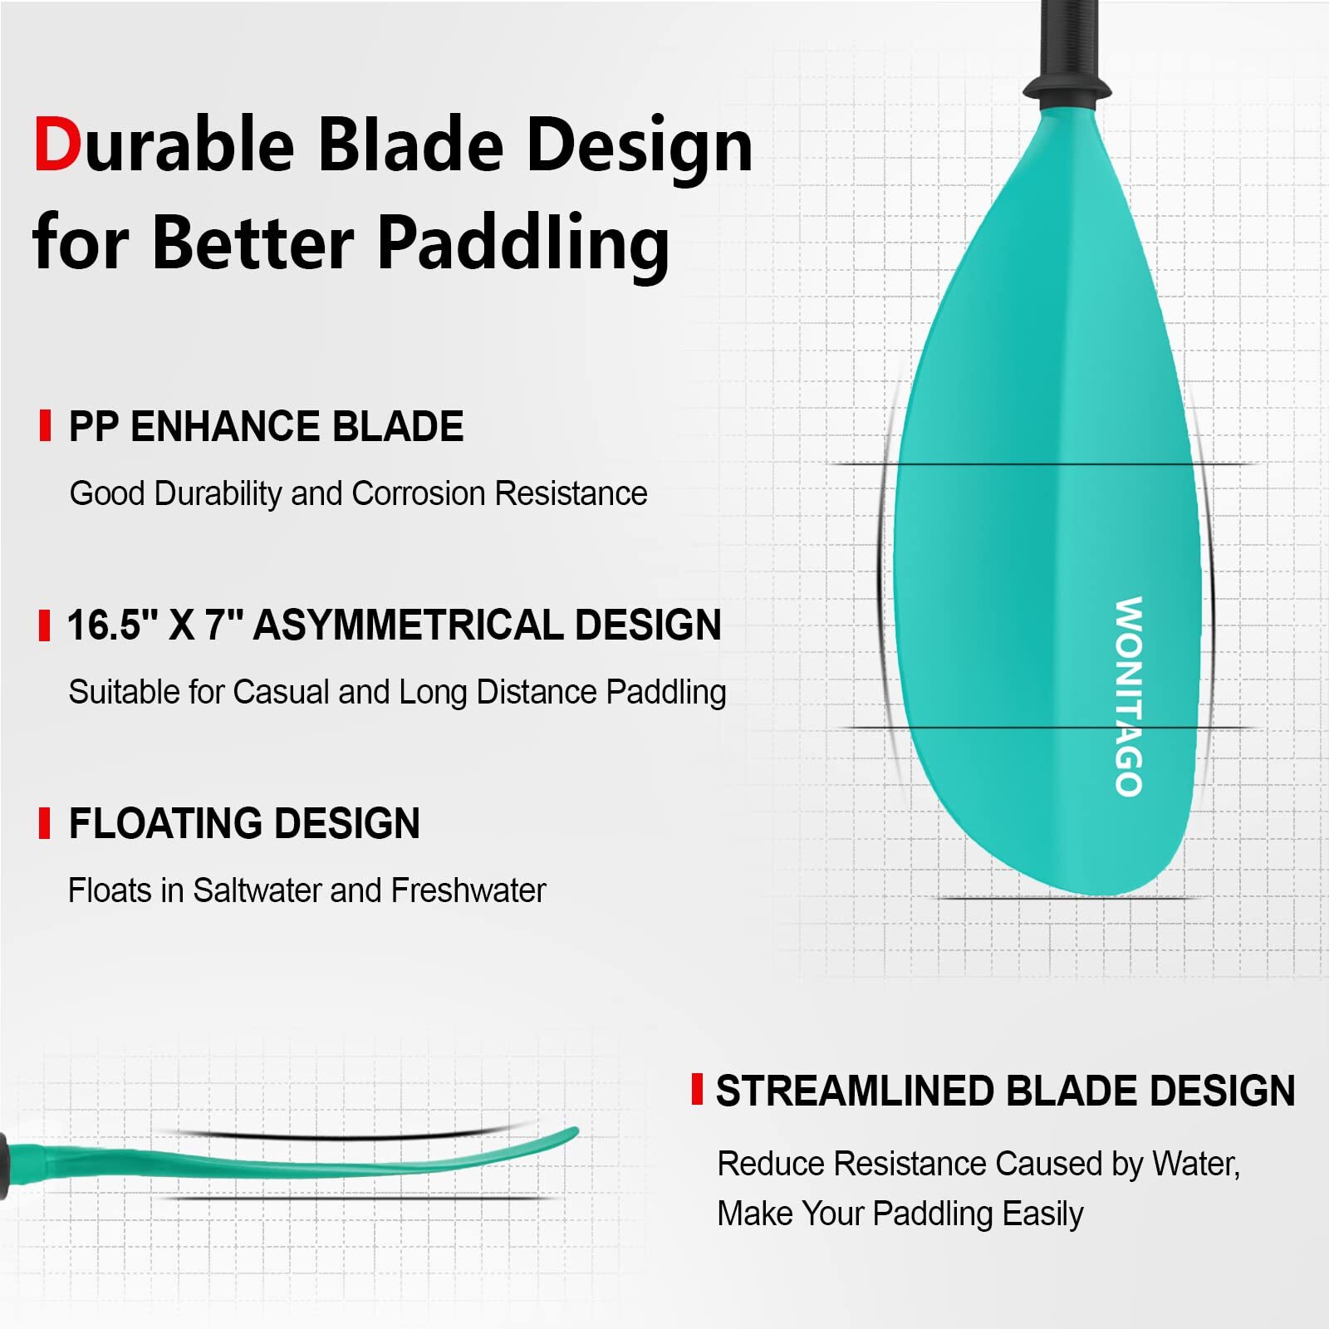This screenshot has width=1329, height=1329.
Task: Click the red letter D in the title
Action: point(58,145)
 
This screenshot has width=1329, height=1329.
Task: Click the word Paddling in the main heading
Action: point(523,244)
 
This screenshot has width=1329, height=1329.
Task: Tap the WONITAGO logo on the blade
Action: point(1129,696)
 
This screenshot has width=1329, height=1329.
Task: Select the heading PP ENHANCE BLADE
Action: point(266,427)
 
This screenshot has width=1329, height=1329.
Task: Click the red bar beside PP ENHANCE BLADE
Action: point(46,426)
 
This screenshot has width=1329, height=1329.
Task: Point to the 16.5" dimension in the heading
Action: point(112,625)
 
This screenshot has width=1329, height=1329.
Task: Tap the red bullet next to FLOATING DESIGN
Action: point(45,823)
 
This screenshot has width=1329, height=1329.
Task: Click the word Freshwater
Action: point(468,890)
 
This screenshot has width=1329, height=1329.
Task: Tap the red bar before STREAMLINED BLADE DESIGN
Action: point(697,1089)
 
